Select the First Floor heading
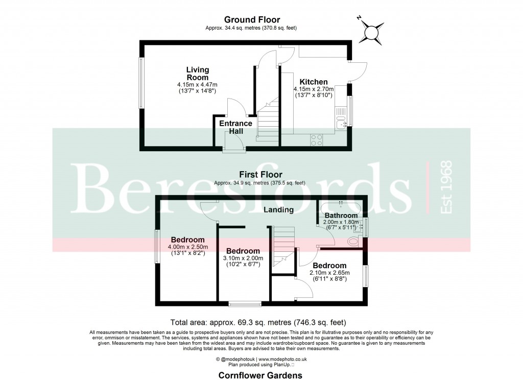(x=263, y=175)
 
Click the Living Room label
(x=197, y=74)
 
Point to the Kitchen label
(x=313, y=82)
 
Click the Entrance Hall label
(x=235, y=127)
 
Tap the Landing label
(x=278, y=209)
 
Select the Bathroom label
(x=342, y=216)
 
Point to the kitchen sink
(x=341, y=123)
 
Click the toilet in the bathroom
(x=352, y=241)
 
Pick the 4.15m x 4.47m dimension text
(x=197, y=85)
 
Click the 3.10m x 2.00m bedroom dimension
(x=243, y=258)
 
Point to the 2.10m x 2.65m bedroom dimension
(x=329, y=273)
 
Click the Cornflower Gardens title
(x=260, y=375)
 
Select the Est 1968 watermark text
(x=445, y=187)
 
